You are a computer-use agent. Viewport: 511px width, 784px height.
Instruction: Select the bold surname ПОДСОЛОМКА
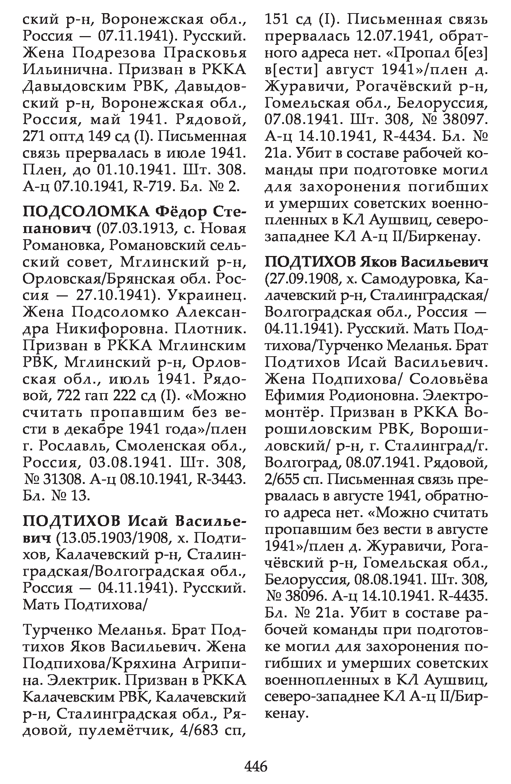pos(86,212)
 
